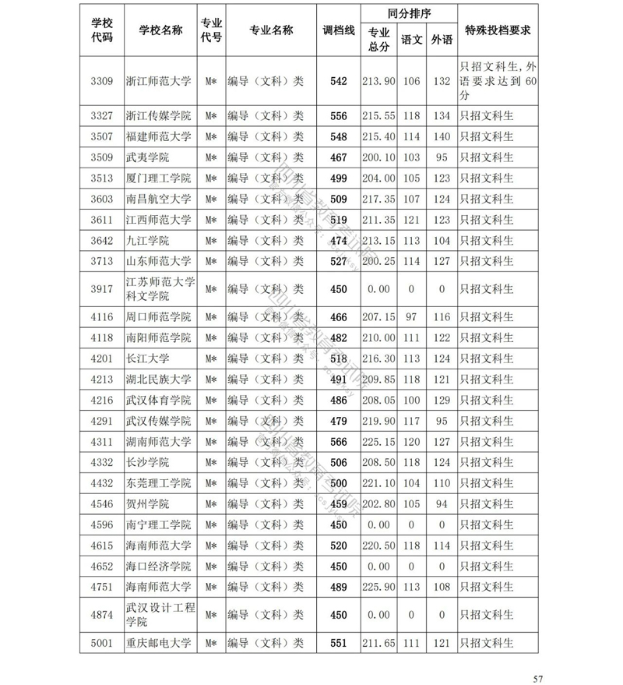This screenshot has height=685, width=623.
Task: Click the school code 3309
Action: (102, 81)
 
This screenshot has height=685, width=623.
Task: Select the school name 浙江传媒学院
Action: (157, 116)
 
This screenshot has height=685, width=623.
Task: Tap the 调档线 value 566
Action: (338, 442)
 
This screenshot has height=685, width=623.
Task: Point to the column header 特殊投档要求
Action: (497, 30)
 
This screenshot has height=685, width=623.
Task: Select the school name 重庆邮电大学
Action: (157, 644)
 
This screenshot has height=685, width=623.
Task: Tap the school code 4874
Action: (102, 615)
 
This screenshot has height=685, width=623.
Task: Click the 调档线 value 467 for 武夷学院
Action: (338, 157)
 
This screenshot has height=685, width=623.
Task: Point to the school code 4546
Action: (102, 504)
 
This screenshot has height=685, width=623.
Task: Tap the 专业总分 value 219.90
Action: (379, 421)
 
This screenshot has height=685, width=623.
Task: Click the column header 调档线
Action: (338, 30)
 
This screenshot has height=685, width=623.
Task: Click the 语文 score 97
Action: (411, 317)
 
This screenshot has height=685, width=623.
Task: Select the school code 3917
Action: (102, 288)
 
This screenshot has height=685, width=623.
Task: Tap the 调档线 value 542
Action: (338, 81)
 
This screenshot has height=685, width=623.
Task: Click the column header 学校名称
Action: (160, 30)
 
